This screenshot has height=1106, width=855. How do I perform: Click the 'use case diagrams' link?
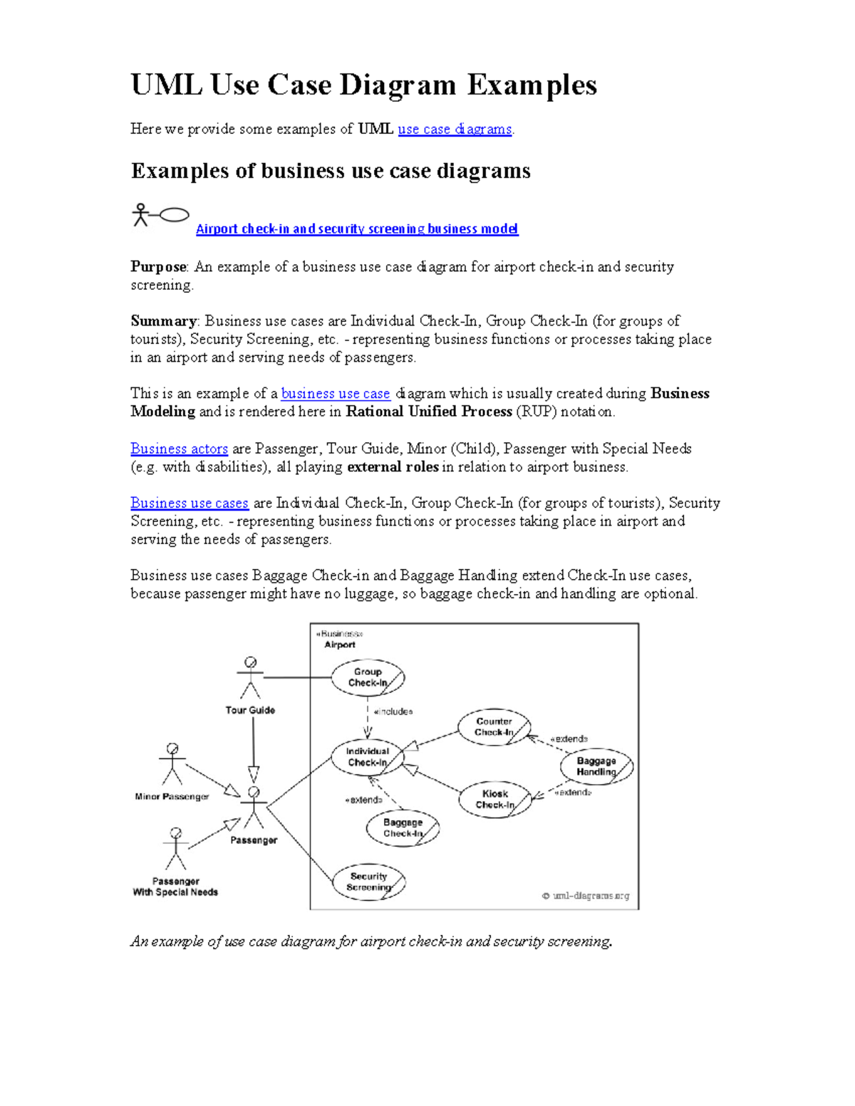click(x=455, y=129)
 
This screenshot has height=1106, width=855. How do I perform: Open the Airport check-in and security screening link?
click(x=357, y=229)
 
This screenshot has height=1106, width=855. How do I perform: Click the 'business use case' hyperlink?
click(x=336, y=394)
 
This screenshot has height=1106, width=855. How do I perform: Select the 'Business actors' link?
click(x=179, y=449)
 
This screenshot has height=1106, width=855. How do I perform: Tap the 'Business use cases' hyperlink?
click(x=190, y=503)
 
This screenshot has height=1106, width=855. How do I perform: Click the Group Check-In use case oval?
click(x=368, y=677)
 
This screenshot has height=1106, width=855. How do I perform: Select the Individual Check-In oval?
click(x=368, y=757)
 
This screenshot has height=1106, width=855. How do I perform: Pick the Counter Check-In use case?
click(x=494, y=727)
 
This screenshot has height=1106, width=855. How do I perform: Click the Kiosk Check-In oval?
click(x=495, y=799)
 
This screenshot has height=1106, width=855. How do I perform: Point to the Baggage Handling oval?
click(x=596, y=766)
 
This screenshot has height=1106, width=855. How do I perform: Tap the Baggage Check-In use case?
click(x=403, y=828)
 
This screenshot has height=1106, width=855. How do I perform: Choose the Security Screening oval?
click(x=368, y=882)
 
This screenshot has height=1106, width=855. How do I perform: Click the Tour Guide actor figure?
click(x=250, y=678)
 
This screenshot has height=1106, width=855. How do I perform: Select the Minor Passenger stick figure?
click(x=172, y=765)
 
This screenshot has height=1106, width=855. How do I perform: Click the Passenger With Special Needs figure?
click(x=176, y=849)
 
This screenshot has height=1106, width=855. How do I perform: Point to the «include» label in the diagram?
click(x=393, y=711)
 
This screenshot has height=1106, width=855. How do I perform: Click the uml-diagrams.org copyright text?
click(x=586, y=896)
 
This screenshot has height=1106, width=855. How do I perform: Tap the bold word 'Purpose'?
click(x=158, y=267)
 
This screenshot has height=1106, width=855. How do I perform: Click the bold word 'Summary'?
click(x=163, y=321)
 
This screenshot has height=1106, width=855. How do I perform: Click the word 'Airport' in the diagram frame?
click(x=340, y=645)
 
